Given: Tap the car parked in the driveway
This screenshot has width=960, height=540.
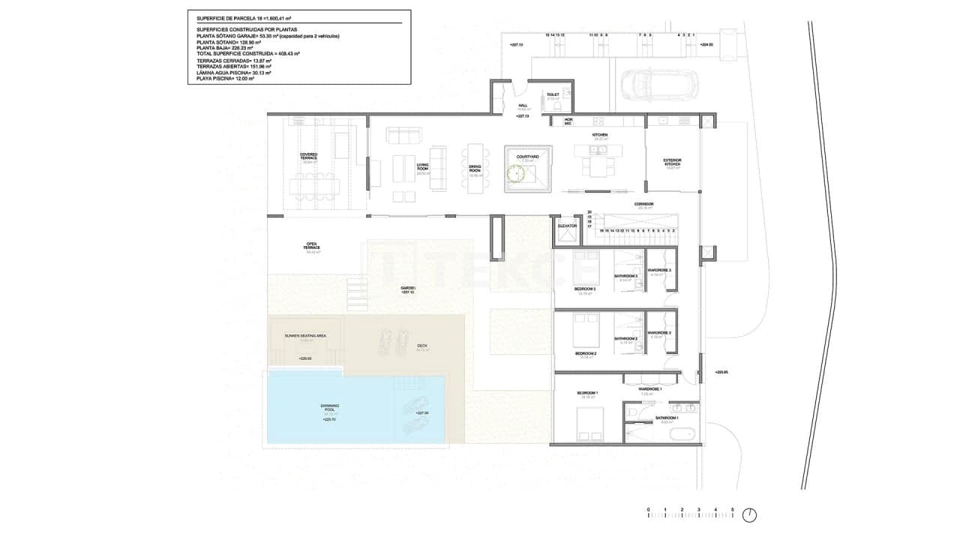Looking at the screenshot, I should [655, 82].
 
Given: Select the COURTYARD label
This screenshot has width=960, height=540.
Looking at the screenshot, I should [527, 157].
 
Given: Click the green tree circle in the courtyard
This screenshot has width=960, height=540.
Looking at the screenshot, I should [514, 175].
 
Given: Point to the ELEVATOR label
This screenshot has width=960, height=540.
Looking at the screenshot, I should [567, 225].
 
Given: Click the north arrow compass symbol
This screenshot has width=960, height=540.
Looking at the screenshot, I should [749, 514].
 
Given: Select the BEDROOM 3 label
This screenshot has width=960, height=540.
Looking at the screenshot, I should [585, 289].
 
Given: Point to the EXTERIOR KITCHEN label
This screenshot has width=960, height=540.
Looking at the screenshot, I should [672, 162].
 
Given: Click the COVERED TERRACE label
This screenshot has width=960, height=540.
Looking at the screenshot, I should [308, 156].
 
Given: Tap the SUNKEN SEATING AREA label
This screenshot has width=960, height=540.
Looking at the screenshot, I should [305, 336].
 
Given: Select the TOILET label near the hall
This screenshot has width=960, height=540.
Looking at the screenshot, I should [553, 94].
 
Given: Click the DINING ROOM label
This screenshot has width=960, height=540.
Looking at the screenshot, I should [474, 169].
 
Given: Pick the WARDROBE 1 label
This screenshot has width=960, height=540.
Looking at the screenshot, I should [649, 389].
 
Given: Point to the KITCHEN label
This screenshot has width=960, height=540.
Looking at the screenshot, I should [599, 135].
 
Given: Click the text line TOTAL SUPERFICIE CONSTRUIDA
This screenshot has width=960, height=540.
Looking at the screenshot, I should [247, 54].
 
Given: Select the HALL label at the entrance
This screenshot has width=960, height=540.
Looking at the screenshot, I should [523, 106].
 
